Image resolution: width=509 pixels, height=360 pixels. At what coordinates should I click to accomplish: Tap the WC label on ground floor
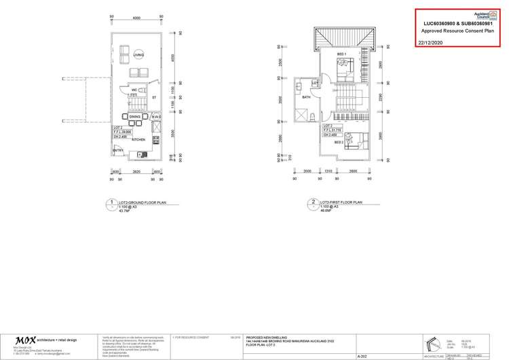click(x=136, y=89)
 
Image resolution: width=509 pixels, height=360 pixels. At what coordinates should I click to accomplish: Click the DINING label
click(x=134, y=118)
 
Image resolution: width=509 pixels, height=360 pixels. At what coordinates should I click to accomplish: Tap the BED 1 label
click(x=341, y=54)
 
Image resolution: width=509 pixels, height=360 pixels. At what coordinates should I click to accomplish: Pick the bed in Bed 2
click(x=353, y=141)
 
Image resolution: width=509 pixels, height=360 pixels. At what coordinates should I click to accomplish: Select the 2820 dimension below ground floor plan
click(x=136, y=172)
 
